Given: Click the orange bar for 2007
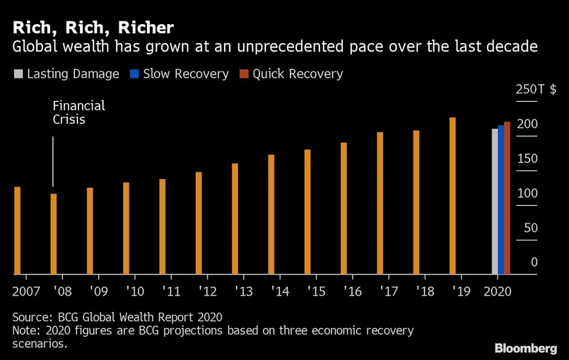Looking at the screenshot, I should pyautogui.click(x=18, y=230).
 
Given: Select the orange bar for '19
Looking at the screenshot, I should pyautogui.click(x=452, y=195).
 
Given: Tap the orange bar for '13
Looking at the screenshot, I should pyautogui.click(x=235, y=219).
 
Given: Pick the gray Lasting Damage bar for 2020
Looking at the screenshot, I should pyautogui.click(x=495, y=201).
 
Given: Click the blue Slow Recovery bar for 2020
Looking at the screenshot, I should pyautogui.click(x=501, y=199).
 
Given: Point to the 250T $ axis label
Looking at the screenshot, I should pyautogui.click(x=536, y=91).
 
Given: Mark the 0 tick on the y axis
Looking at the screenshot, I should pyautogui.click(x=534, y=262).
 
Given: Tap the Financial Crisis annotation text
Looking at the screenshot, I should pyautogui.click(x=78, y=112).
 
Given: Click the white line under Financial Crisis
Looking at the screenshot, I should pyautogui.click(x=54, y=161).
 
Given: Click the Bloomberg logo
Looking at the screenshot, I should pyautogui.click(x=525, y=348).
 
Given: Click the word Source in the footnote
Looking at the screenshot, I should pyautogui.click(x=33, y=317).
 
